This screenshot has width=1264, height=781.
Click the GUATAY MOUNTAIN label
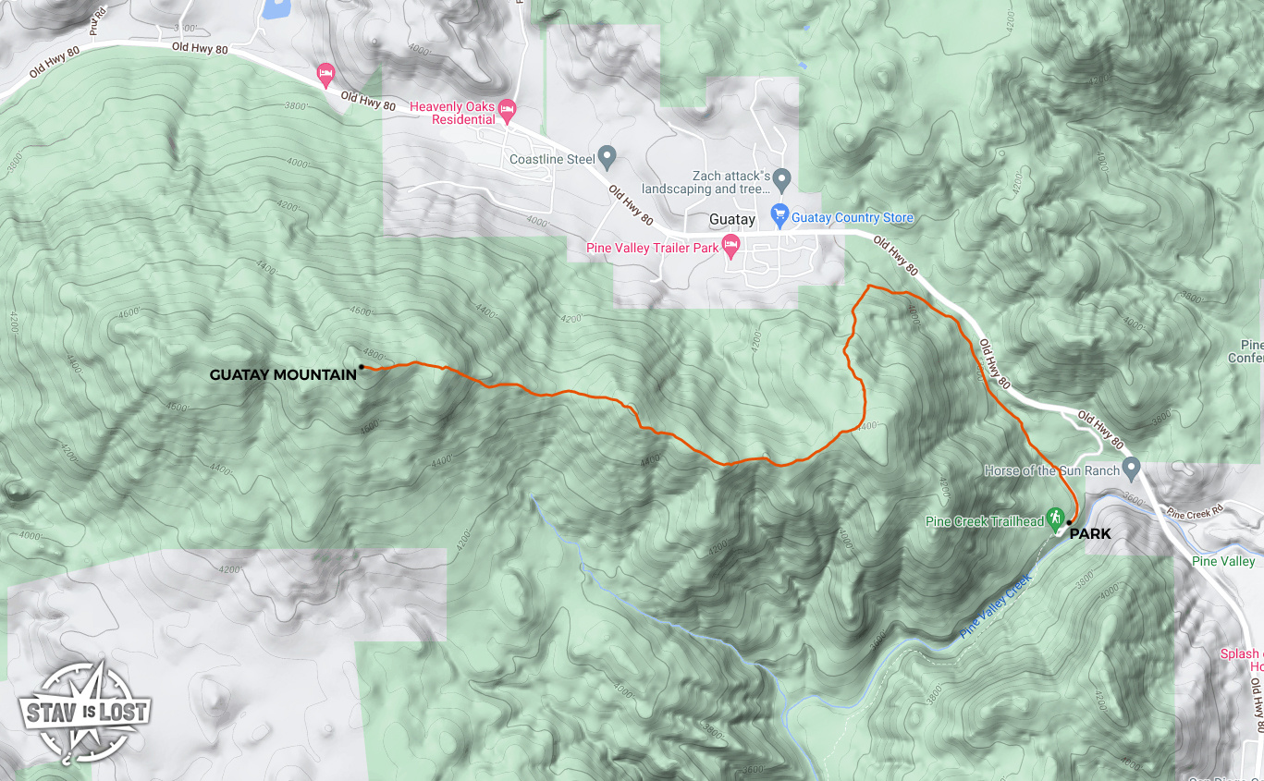[x=283, y=374]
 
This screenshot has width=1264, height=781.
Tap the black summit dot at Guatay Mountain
[x=362, y=367]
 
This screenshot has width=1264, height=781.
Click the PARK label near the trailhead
[x=1090, y=533]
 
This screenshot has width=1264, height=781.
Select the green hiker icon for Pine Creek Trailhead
[x=1054, y=518]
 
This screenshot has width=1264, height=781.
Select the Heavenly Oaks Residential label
[x=452, y=113]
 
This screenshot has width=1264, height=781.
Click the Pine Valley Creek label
[x=995, y=605]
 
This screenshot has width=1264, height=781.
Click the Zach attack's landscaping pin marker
[x=782, y=177]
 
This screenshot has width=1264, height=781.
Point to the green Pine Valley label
[x=1223, y=561]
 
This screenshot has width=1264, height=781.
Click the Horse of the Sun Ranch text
[x=1052, y=470]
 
